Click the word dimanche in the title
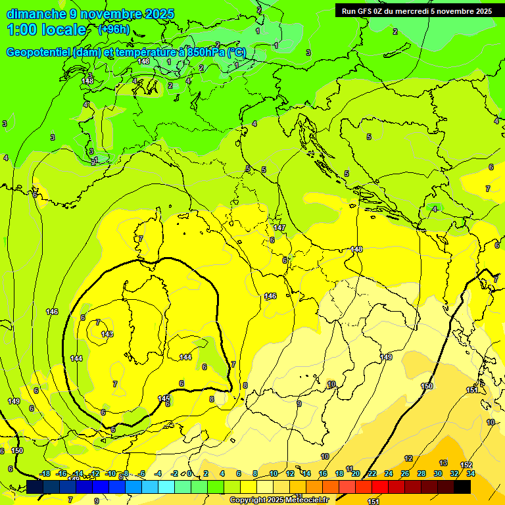[36, 14]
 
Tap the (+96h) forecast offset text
[114, 30]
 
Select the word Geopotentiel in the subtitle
[37, 53]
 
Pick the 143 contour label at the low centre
[107, 335]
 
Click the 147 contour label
[279, 228]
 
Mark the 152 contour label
[466, 466]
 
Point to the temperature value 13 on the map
[444, 464]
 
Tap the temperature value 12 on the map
[408, 458]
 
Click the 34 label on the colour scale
[471, 473]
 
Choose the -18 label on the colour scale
[45, 473]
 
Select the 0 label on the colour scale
[189, 473]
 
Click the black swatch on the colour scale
[462, 487]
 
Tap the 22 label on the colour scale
[372, 473]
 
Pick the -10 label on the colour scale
[111, 473]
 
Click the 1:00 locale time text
[46, 30]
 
